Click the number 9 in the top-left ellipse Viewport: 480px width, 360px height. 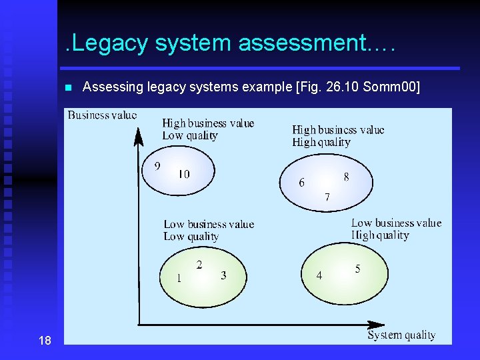coord(157,166)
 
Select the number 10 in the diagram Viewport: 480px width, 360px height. coord(183,174)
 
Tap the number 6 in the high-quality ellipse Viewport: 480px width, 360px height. coord(301,183)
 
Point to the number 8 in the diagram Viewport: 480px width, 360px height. coord(346,177)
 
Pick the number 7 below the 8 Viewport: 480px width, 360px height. coord(327,197)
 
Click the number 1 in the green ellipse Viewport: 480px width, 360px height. coord(178,279)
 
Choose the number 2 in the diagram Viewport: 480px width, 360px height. coord(199,265)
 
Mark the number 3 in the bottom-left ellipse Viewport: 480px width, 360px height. coord(223,275)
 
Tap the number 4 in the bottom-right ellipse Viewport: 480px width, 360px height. coord(319,275)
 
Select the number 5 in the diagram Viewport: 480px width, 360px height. coord(358,269)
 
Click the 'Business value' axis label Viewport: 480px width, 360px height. coord(102,115)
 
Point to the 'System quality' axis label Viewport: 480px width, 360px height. coord(401,335)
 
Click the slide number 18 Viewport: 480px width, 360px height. coord(45,341)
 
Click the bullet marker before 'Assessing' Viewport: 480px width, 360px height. coord(68,87)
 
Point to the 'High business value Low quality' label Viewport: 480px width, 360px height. coord(208,129)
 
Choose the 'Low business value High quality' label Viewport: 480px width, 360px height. coord(396,229)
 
